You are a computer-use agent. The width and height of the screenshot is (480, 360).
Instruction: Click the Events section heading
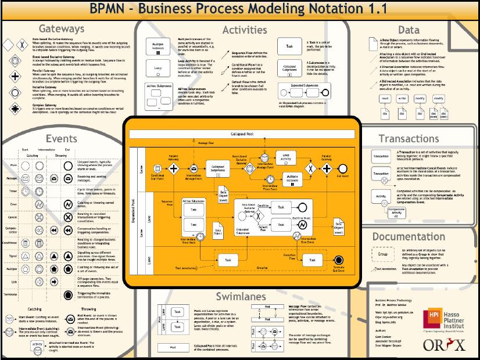click(61, 138)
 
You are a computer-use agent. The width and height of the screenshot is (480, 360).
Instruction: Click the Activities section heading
click(245, 30)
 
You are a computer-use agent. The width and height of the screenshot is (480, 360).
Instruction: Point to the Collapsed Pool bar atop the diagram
click(244, 134)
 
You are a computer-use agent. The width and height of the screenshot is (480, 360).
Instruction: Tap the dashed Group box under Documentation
click(382, 254)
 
